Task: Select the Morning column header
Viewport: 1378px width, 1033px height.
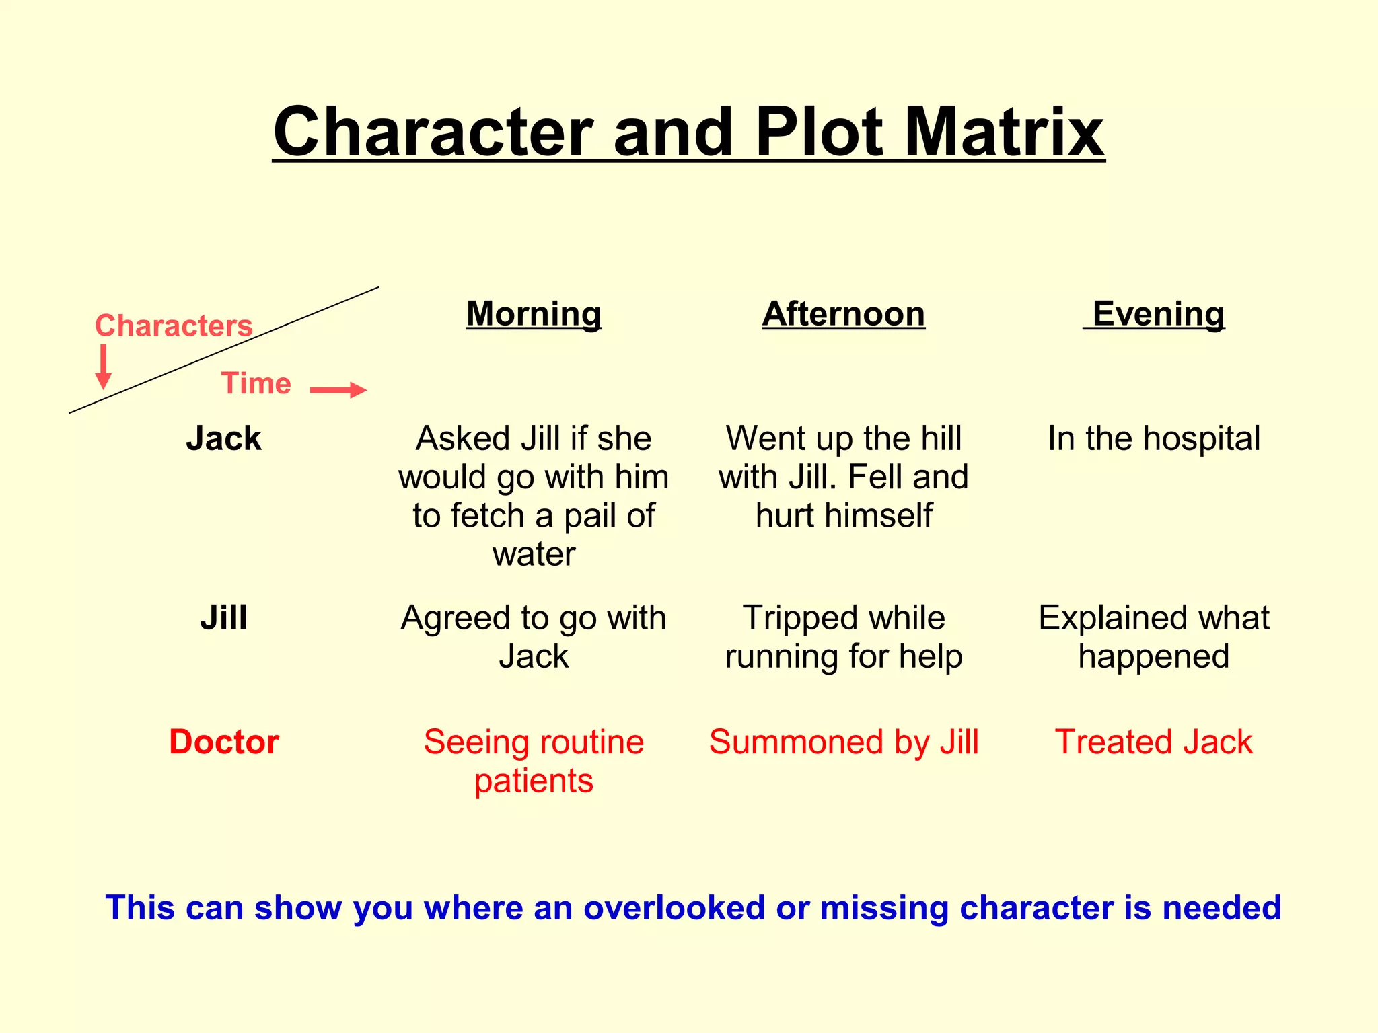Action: (x=534, y=314)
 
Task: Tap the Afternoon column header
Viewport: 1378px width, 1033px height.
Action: (x=844, y=314)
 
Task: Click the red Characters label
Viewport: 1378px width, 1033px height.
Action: (x=174, y=326)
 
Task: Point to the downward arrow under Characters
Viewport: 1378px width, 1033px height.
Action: (x=103, y=367)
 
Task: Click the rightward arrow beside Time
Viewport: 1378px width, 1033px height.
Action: (x=338, y=390)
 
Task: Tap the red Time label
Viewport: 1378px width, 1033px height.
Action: (x=256, y=383)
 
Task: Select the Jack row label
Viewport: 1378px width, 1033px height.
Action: (x=223, y=438)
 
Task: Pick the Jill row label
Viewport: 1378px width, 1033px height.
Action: (x=223, y=617)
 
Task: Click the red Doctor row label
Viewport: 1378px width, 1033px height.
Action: (x=224, y=742)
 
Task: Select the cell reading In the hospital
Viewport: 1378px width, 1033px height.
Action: (x=1154, y=438)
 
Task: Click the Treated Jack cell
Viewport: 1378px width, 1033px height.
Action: (x=1154, y=742)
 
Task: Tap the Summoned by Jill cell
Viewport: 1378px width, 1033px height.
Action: (x=844, y=742)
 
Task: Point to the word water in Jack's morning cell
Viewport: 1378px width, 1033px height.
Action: (x=534, y=555)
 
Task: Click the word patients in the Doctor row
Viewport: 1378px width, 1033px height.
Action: (x=534, y=781)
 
